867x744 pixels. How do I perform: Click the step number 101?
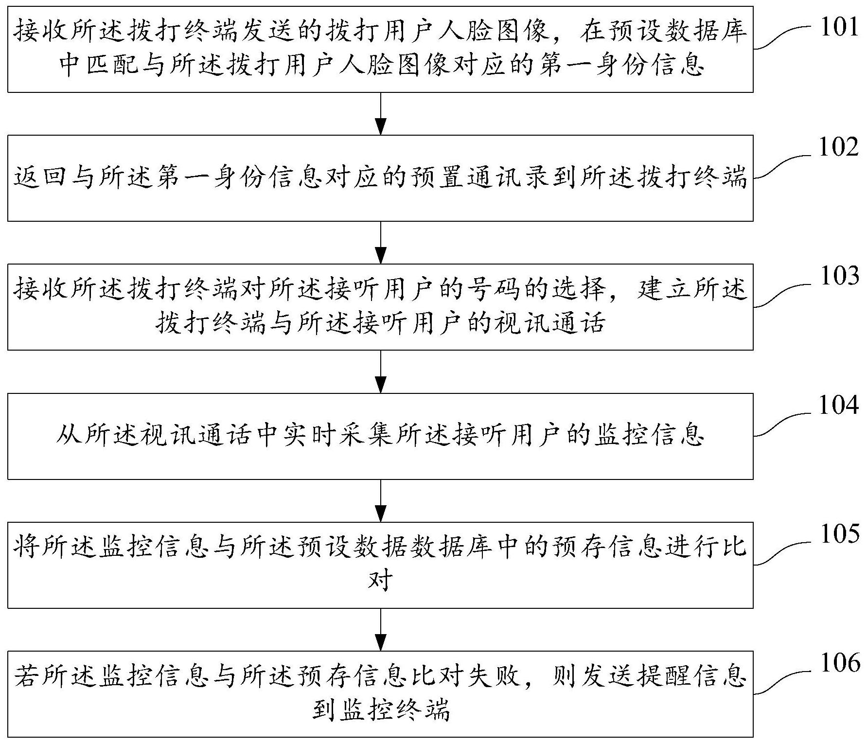click(840, 27)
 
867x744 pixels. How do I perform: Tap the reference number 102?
click(840, 146)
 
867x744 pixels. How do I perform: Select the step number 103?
click(840, 276)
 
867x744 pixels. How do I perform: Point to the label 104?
click(840, 405)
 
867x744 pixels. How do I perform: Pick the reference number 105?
click(840, 534)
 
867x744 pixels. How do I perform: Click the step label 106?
click(840, 663)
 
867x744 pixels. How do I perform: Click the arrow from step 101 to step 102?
click(380, 113)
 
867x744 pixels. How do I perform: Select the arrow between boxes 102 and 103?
click(380, 243)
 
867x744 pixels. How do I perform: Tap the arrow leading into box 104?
click(380, 372)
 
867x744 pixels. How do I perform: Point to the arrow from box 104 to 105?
click(380, 501)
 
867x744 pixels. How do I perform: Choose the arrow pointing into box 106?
click(380, 630)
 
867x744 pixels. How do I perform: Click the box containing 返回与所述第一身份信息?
click(380, 178)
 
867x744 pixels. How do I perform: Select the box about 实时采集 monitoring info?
click(380, 436)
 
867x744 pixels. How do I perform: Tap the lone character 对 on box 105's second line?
click(380, 580)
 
